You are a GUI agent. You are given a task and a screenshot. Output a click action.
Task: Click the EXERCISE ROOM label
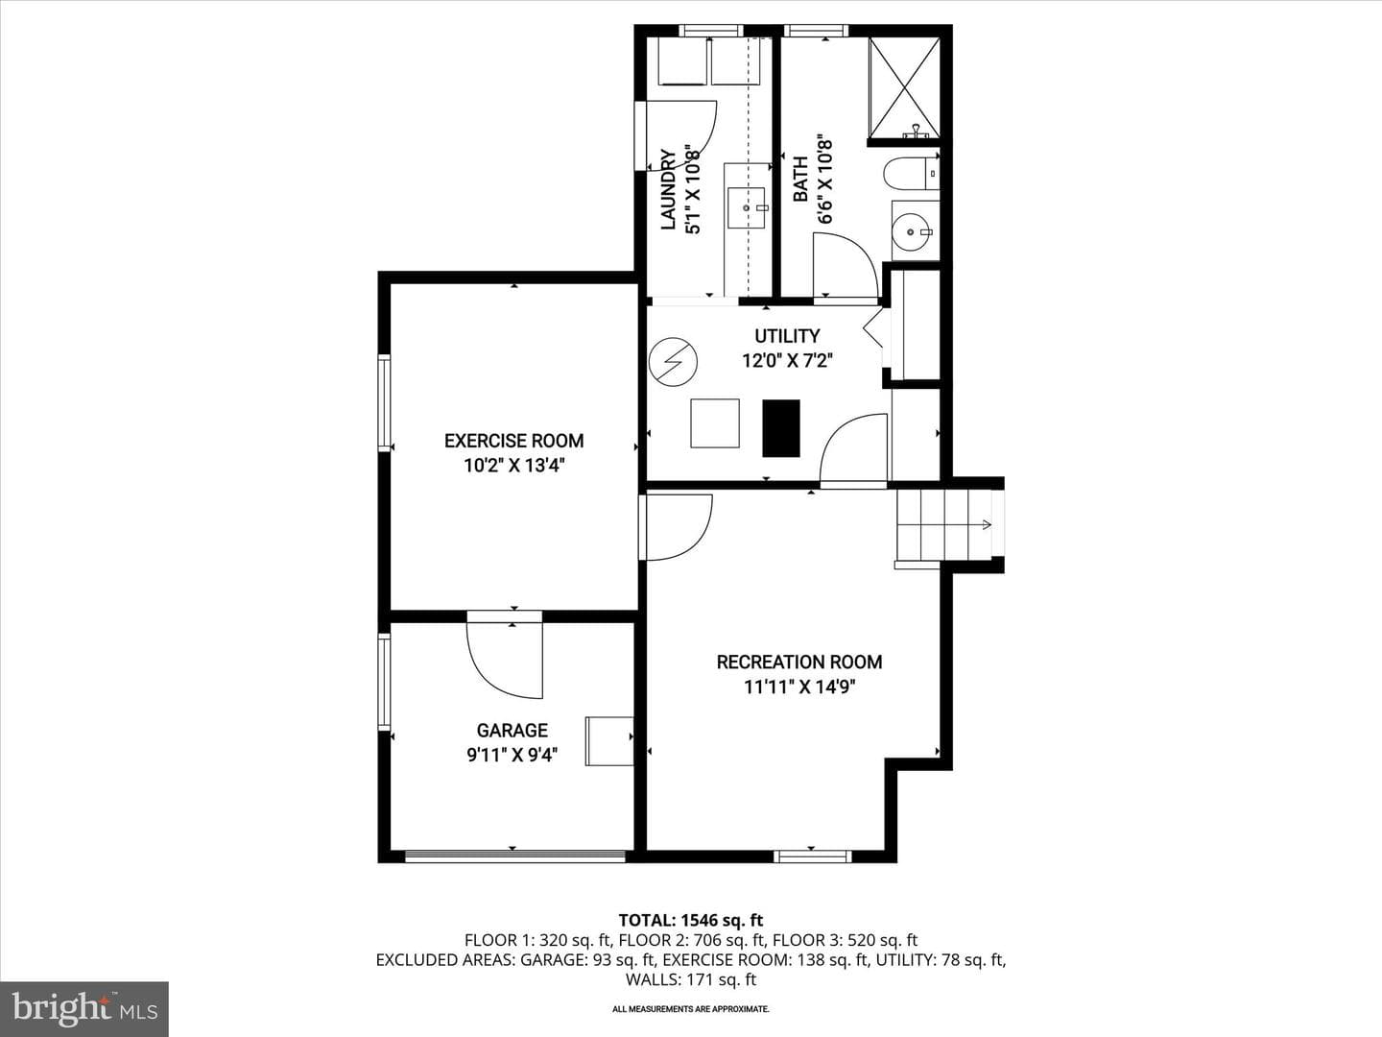[513, 441]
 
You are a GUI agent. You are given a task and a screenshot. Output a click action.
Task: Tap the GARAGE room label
[512, 731]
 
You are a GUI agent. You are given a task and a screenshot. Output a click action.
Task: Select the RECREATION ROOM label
[799, 662]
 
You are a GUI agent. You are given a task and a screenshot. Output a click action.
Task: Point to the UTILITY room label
[787, 336]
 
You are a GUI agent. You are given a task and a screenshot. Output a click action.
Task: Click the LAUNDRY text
[668, 189]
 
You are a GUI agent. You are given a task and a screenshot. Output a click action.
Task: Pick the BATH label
[800, 180]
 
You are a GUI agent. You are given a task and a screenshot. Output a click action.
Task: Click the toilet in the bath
[911, 173]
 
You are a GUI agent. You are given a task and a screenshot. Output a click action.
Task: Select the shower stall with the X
[904, 87]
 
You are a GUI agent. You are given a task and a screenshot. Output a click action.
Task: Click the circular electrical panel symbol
[673, 362]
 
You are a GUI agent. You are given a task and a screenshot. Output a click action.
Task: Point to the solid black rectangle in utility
[781, 428]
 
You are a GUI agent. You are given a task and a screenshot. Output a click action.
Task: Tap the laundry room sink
[747, 207]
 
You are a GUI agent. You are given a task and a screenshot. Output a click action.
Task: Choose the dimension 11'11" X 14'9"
[799, 687]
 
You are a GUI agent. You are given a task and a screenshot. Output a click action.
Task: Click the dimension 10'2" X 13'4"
[513, 466]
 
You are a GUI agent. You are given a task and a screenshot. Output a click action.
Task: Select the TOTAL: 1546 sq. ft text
[691, 920]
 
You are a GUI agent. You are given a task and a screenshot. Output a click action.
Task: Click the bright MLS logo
[84, 1008]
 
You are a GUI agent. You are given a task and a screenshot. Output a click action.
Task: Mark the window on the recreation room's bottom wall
[812, 856]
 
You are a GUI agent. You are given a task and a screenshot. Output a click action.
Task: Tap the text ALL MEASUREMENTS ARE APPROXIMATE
[691, 1008]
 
